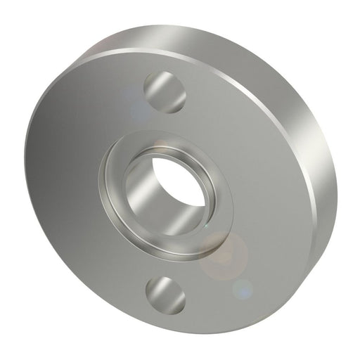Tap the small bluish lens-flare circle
pyautogui.click(x=242, y=287)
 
